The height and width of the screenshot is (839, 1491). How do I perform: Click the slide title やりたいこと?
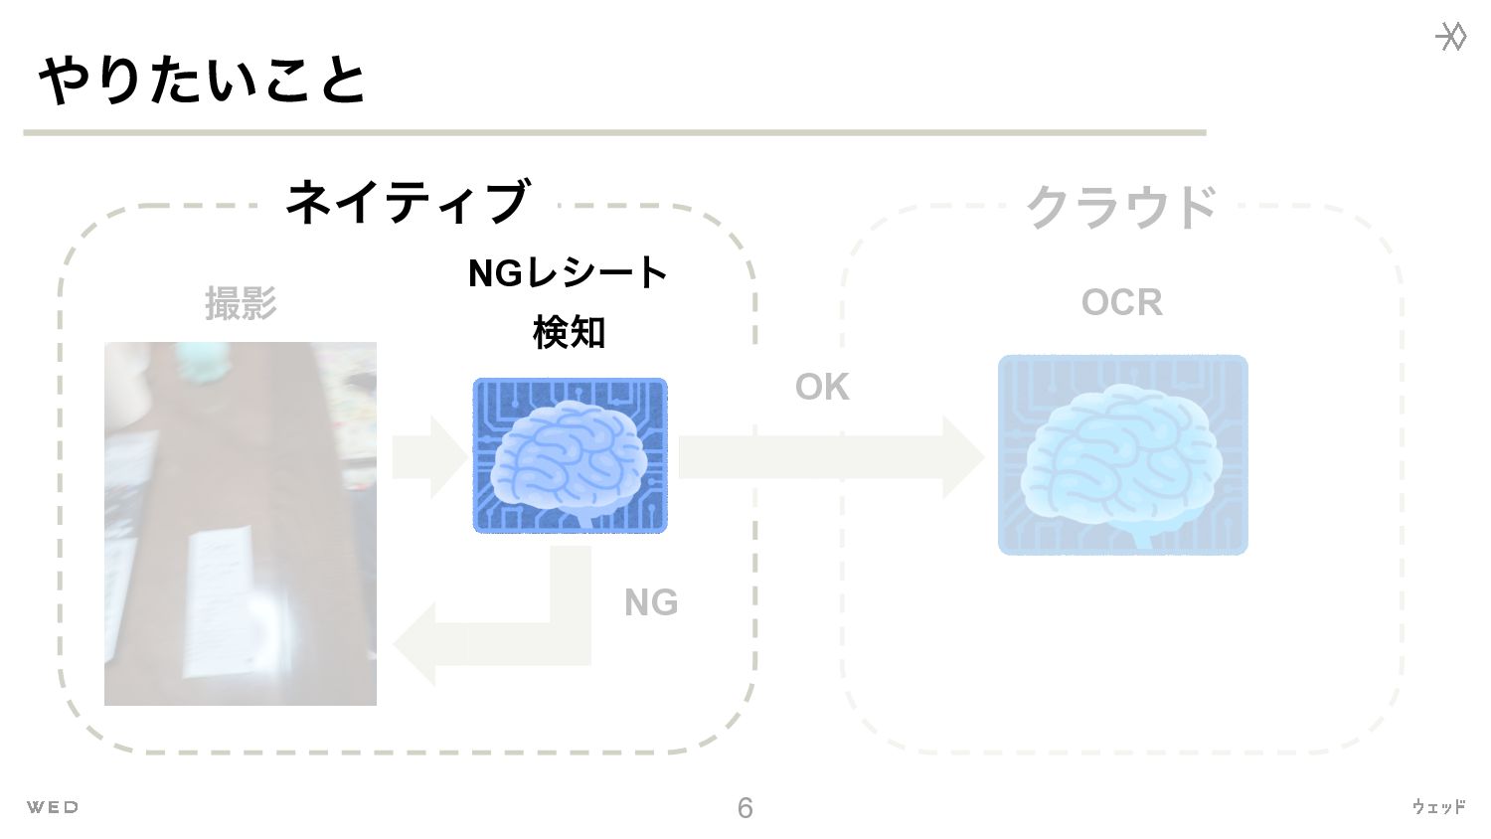pos(203,80)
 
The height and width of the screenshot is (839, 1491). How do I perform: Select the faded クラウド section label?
pos(1121,207)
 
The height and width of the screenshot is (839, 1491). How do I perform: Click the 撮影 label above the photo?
pos(241,303)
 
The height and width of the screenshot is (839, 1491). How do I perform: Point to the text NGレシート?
pos(568,272)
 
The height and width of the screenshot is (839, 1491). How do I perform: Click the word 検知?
pos(569,332)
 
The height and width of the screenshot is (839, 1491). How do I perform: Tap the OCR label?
pos(1121,302)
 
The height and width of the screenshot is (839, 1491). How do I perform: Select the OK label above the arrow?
pos(822,387)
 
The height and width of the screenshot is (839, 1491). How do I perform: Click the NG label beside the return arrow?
pos(651,602)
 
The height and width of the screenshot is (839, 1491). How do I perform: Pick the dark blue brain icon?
pos(570,455)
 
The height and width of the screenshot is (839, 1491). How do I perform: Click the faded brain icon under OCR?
pos(1122,454)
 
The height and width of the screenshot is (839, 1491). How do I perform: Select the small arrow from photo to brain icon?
pos(428,457)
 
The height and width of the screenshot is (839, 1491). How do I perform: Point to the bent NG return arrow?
pos(497,636)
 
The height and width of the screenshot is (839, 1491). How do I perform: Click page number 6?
pos(745,808)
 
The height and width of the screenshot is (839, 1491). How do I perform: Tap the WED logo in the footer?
pos(53,807)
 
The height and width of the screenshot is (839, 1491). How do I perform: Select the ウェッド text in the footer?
pos(1438,807)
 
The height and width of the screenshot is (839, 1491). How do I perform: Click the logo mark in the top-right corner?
pos(1451,37)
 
